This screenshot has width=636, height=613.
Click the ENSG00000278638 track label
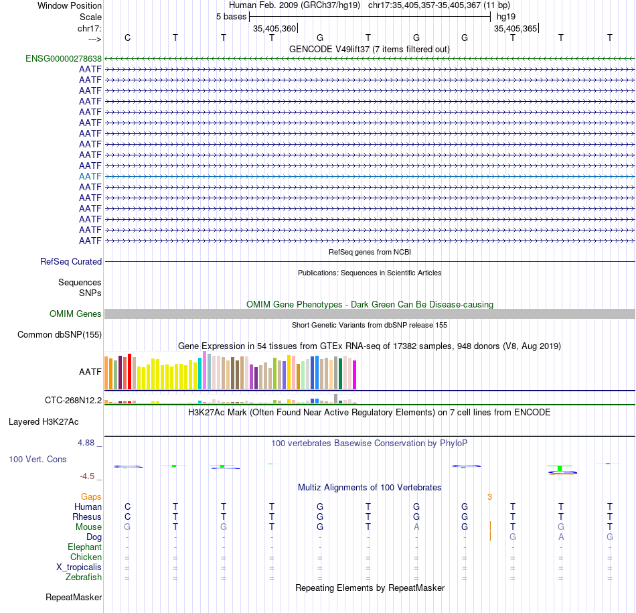coord(64,58)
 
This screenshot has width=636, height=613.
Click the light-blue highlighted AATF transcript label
coord(90,176)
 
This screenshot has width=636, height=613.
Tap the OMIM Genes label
coord(76,314)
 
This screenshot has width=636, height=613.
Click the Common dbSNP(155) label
coord(60,335)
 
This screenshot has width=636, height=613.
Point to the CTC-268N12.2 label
coord(74,401)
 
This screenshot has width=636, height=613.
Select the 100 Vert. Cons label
coord(37,460)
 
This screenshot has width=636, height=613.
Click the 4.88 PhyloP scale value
coord(87,443)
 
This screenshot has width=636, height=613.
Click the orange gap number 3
coord(489,496)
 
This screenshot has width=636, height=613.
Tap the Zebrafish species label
coord(84,577)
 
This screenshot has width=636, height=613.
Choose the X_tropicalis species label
coord(79,567)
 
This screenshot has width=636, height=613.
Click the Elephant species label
coord(84,547)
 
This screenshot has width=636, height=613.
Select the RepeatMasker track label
coord(74,597)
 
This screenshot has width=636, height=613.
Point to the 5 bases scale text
coord(231,16)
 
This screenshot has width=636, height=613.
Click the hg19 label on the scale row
coord(506,16)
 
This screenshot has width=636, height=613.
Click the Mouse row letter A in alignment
coord(416,527)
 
